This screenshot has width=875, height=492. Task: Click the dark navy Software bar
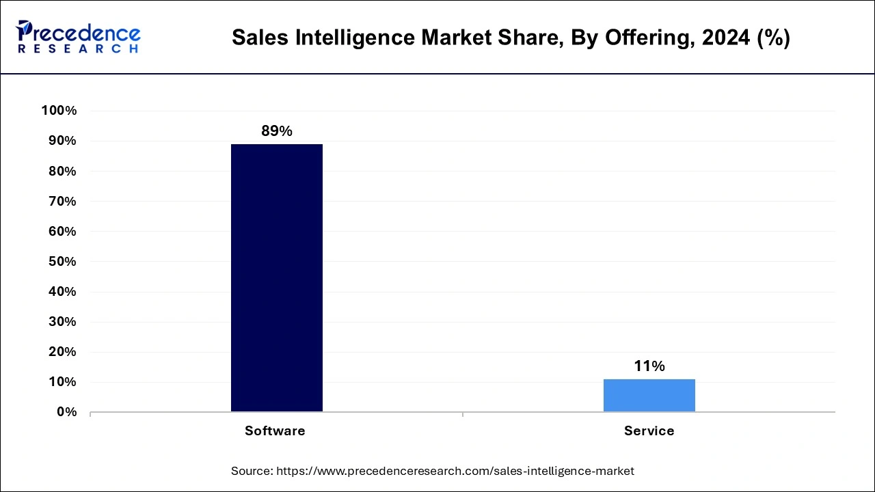pyautogui.click(x=276, y=277)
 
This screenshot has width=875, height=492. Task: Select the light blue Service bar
pyautogui.click(x=649, y=395)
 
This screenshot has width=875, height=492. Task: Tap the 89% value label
pyautogui.click(x=276, y=131)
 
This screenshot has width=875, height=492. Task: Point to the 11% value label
pyautogui.click(x=649, y=366)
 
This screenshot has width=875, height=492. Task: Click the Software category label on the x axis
pyautogui.click(x=275, y=431)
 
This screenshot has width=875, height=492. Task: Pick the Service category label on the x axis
pyautogui.click(x=649, y=431)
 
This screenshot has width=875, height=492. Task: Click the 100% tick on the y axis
pyautogui.click(x=59, y=111)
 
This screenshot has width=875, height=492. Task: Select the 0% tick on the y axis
pyautogui.click(x=66, y=412)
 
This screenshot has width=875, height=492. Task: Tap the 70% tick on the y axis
pyautogui.click(x=62, y=202)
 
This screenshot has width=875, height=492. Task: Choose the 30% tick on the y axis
pyautogui.click(x=62, y=322)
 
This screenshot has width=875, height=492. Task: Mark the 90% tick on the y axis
pyautogui.click(x=62, y=141)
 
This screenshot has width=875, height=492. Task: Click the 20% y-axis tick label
pyautogui.click(x=62, y=352)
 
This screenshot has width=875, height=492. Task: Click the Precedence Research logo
pyautogui.click(x=78, y=37)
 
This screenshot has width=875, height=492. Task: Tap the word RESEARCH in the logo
pyautogui.click(x=78, y=49)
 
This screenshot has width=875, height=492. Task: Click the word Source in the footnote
pyautogui.click(x=252, y=471)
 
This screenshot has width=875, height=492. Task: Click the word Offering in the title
pyautogui.click(x=649, y=38)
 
